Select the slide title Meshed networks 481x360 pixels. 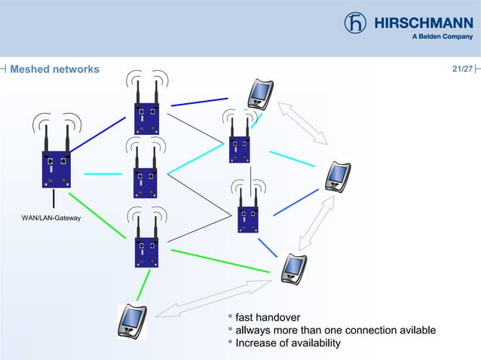click(54, 69)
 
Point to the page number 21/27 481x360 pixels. click(461, 69)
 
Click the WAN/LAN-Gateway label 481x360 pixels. click(51, 218)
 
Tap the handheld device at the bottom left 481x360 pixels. click(133, 319)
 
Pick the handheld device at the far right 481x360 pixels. click(337, 177)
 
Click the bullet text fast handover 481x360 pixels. click(268, 316)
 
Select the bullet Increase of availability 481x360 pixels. click(288, 343)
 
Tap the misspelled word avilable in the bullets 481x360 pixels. click(415, 330)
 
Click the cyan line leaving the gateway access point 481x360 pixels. click(103, 174)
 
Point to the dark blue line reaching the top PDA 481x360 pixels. click(199, 102)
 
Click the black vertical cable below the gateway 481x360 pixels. click(54, 197)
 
